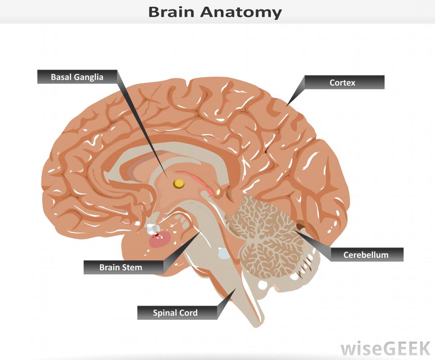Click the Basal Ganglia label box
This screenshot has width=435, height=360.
(x=77, y=77)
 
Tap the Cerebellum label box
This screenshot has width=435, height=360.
(x=366, y=255)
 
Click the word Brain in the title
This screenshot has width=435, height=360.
(x=173, y=12)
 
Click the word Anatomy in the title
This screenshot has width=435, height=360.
(x=241, y=12)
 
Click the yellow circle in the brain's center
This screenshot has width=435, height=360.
(x=179, y=183)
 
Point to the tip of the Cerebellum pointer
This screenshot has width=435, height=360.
(x=295, y=230)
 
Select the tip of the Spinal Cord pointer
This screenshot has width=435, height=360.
(x=234, y=288)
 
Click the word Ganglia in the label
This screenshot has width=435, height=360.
(x=89, y=77)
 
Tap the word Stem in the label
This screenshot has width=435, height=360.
(x=132, y=267)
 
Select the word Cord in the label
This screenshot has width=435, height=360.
(x=188, y=313)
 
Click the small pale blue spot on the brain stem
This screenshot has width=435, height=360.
(x=224, y=253)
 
